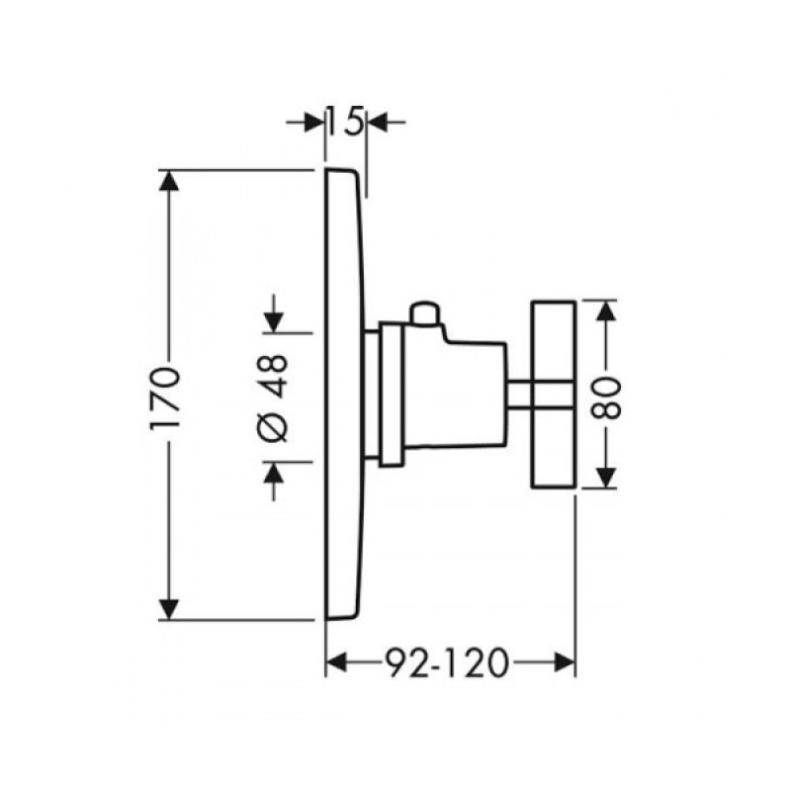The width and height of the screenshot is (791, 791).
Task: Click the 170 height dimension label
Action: [x=165, y=398]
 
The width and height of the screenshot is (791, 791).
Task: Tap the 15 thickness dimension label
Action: [x=345, y=122]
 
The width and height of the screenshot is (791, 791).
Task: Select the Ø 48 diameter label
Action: [x=275, y=398]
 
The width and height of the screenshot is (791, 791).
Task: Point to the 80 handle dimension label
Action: [x=605, y=398]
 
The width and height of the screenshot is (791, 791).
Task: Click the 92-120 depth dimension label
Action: [x=447, y=662]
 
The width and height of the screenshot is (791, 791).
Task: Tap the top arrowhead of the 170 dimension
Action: [x=168, y=181]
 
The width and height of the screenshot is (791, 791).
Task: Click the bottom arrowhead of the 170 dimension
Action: [x=168, y=609]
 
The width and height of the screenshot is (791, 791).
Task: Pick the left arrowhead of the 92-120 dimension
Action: [x=336, y=662]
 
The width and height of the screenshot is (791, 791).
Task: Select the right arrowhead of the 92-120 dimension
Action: [x=565, y=662]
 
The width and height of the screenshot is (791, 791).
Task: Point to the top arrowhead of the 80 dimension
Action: [x=606, y=310]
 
